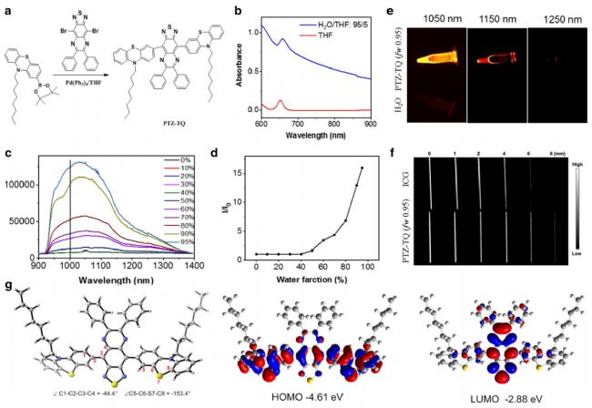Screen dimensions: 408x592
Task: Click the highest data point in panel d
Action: pos(362,168)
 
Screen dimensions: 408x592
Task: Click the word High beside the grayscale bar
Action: pos(573,169)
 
